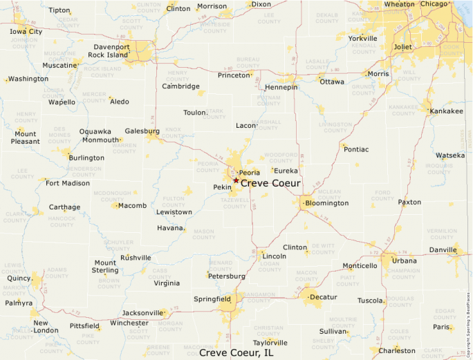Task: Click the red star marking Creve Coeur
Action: [236, 180]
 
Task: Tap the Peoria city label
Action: [249, 172]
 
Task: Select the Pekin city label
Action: [222, 187]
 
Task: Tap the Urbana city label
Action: [405, 260]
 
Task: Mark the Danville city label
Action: [443, 249]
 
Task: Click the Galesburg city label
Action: [142, 131]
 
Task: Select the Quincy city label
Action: [19, 279]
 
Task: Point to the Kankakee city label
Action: [447, 111]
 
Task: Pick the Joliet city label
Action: [402, 47]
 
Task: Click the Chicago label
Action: [434, 4]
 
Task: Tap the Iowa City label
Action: [26, 32]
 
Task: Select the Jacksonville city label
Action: [144, 312]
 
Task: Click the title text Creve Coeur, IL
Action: [236, 352]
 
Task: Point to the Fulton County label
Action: [174, 202]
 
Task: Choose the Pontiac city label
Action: [356, 149]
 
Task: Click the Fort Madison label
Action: [68, 183]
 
